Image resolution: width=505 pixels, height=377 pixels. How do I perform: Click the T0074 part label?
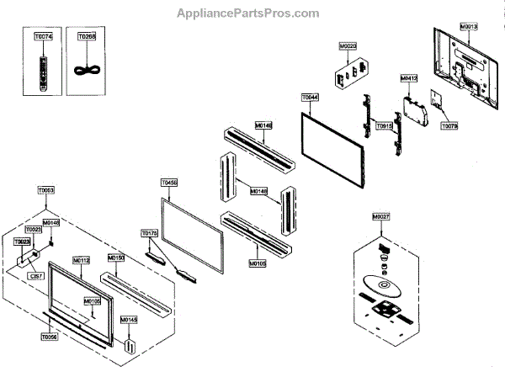[43, 37]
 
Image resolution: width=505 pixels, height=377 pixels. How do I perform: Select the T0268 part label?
[86, 37]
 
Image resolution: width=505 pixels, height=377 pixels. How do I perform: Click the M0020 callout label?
[348, 45]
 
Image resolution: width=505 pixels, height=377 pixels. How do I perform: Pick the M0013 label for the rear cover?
[470, 27]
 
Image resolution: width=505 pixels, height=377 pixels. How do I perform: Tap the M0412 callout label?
[408, 78]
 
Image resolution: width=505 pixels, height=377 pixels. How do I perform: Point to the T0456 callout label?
[168, 182]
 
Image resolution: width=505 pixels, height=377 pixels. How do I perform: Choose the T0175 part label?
[149, 233]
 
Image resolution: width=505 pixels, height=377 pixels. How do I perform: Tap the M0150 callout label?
[116, 257]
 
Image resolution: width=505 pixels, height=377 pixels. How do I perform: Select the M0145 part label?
[129, 320]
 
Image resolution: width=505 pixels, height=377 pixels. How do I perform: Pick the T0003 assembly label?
[45, 192]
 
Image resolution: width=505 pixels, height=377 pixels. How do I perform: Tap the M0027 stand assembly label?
[381, 216]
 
